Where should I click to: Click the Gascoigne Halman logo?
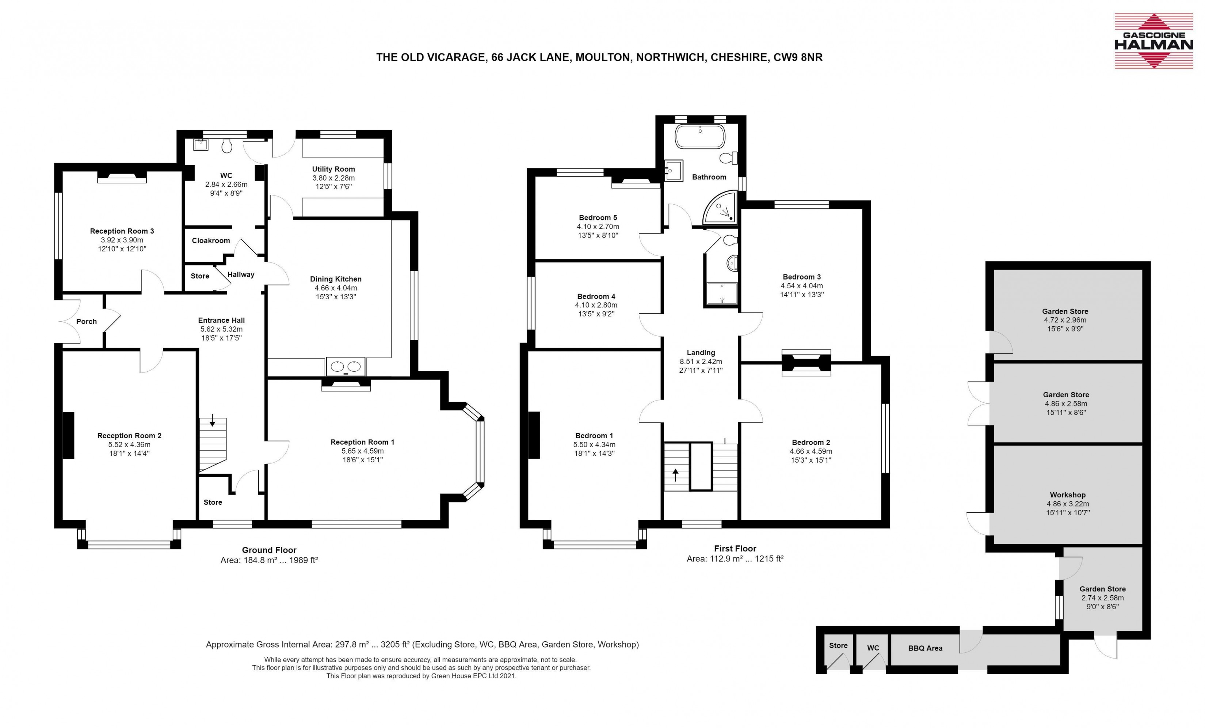(x=1153, y=41)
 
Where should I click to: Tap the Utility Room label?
(x=333, y=169)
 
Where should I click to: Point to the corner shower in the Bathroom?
(x=721, y=209)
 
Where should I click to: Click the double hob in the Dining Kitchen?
(x=346, y=366)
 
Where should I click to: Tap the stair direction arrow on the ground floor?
(x=212, y=420)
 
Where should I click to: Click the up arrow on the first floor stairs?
(x=676, y=475)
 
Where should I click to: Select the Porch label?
(x=87, y=322)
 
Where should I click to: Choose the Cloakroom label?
(x=211, y=241)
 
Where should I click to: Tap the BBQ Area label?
(x=925, y=648)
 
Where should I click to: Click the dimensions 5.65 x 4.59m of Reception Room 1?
(x=362, y=451)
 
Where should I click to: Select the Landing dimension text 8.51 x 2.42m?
(x=701, y=361)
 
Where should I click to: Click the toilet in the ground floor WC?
(x=227, y=145)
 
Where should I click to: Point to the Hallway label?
(x=241, y=275)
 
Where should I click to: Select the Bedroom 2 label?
(x=811, y=442)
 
